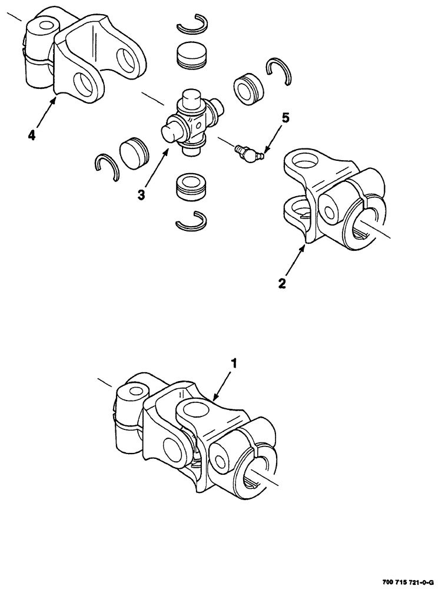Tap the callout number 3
click(x=141, y=195)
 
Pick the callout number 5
click(x=285, y=118)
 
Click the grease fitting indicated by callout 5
click(x=247, y=153)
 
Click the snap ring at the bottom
click(x=192, y=220)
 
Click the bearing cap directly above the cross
click(x=192, y=55)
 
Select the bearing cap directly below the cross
click(x=192, y=187)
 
